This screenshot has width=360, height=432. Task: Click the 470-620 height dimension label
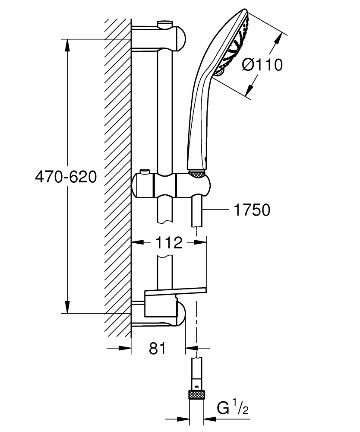pos(66,177)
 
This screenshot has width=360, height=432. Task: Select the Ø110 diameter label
pos(262,65)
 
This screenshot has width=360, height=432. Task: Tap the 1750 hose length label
pos(251,210)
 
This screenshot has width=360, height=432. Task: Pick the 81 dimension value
pos(158,348)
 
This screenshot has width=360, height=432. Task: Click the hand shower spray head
pos(235,43)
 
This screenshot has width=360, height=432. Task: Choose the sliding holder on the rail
pos(173,185)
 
